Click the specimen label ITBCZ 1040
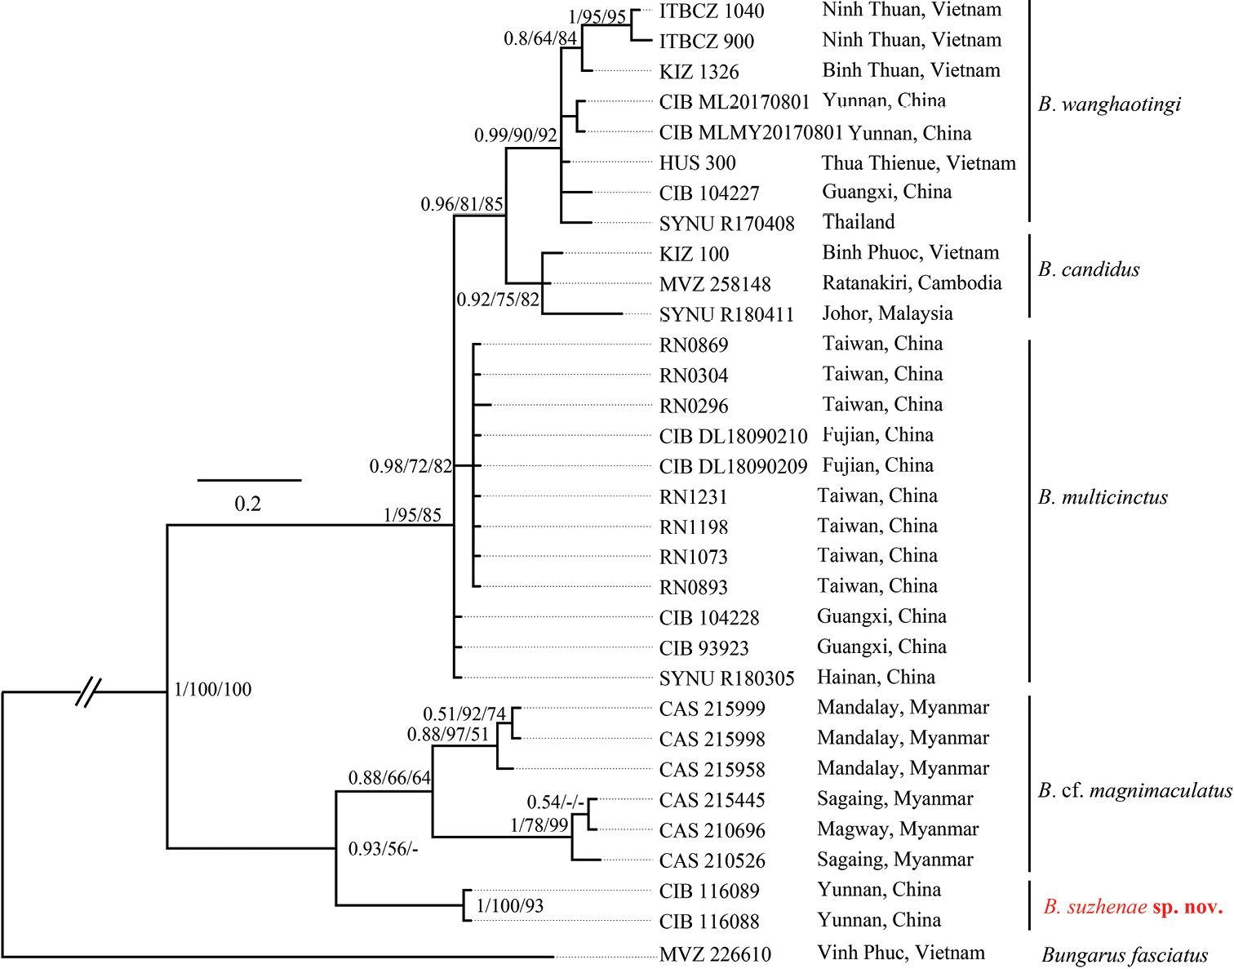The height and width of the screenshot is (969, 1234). (711, 11)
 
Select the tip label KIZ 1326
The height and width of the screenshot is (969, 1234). (699, 72)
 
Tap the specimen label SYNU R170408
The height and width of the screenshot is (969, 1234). (726, 224)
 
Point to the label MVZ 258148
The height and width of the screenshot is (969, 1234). (715, 285)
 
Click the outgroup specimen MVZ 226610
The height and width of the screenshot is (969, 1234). (715, 953)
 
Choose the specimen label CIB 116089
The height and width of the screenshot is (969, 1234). (709, 891)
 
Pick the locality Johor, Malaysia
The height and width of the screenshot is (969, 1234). (887, 313)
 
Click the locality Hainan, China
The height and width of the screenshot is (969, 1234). (876, 677)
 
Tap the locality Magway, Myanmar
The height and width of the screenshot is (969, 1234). (898, 829)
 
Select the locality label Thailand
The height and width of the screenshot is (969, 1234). (859, 222)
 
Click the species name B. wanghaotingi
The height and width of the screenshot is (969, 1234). (1109, 104)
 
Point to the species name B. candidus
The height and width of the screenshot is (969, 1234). (1089, 269)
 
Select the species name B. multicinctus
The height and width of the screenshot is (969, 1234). (1103, 497)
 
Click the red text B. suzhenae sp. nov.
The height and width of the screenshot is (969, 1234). (1133, 907)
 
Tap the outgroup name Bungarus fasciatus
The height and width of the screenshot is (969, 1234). (1125, 955)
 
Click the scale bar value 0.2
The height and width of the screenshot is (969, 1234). (248, 504)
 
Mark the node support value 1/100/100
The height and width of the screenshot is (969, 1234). (213, 690)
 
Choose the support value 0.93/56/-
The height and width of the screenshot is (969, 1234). (383, 849)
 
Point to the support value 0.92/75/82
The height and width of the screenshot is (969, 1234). (498, 300)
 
